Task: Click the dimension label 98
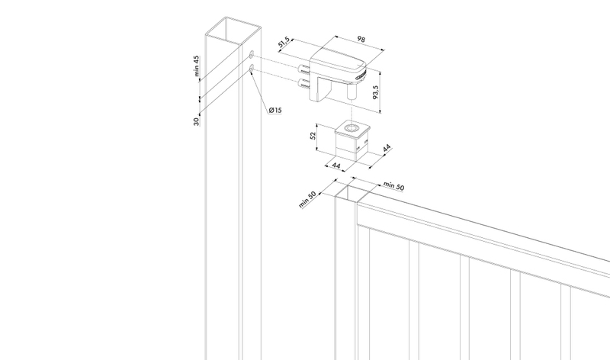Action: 361,40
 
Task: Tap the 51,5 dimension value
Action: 284,43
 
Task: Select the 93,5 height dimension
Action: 375,92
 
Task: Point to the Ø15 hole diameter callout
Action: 275,110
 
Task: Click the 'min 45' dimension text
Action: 197,66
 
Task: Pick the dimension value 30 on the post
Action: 197,121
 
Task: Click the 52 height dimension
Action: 313,137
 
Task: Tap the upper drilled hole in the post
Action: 252,54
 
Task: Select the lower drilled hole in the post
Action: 252,69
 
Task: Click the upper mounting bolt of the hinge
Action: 303,69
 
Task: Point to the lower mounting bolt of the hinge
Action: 303,83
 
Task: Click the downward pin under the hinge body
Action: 352,92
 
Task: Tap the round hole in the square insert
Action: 353,128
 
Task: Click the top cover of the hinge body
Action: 338,61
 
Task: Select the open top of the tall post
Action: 233,30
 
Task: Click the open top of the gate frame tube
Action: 357,194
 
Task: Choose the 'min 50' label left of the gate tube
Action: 307,199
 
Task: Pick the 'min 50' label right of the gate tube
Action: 393,186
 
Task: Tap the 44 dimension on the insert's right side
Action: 387,148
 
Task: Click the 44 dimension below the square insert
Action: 336,166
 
